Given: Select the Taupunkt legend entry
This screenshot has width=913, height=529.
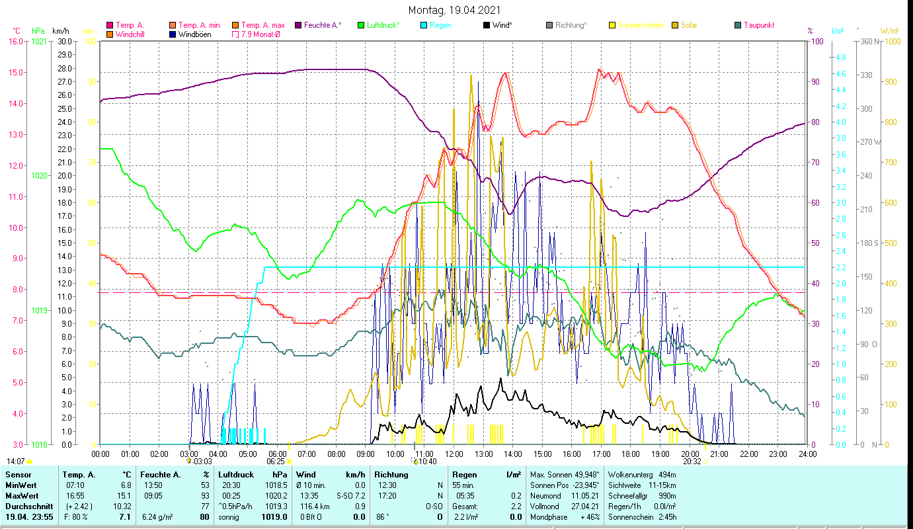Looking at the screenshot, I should point(758,25).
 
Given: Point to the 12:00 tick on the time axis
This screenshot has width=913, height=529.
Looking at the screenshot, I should point(454,454).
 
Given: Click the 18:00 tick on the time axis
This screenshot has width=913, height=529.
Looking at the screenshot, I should point(631,454).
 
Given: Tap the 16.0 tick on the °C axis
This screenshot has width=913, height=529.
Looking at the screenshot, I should point(15,41).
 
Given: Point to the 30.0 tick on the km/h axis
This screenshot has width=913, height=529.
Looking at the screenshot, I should point(64,41).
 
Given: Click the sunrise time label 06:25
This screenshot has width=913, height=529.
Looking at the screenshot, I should point(275,462).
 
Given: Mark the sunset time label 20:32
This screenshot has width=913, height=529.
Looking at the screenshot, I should point(692,462).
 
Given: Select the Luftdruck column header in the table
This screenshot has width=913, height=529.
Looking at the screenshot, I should point(236,475).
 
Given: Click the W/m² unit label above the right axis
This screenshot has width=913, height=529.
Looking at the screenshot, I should point(890,30).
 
